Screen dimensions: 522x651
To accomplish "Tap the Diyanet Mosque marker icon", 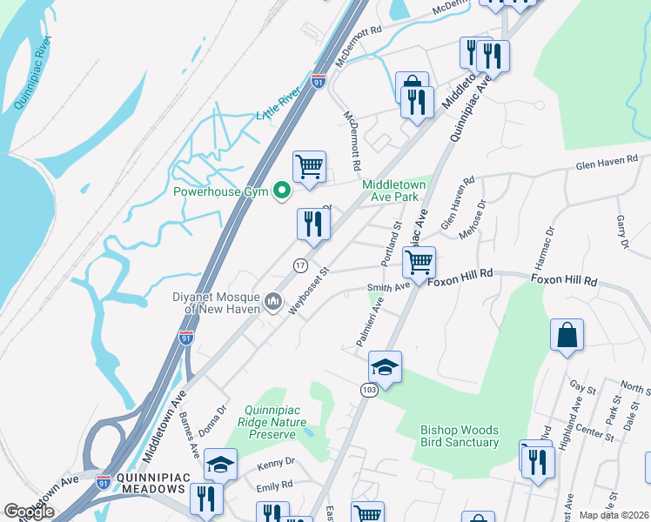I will [x=273, y=302].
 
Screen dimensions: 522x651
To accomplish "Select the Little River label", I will [x=279, y=104].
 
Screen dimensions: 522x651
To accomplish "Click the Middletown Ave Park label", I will [x=391, y=191].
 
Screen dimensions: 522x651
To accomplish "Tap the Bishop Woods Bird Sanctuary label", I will [x=460, y=436].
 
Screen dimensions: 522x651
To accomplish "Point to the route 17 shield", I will [x=299, y=264].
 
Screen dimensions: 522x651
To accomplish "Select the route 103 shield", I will [x=369, y=391].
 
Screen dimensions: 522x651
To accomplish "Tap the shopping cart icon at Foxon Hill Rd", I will [x=419, y=261].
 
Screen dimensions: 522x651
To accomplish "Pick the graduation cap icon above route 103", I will [x=385, y=366].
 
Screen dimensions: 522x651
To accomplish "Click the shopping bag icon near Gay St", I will [x=567, y=334].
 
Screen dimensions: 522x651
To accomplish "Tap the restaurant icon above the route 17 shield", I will [x=312, y=224].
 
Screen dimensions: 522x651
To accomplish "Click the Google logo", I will [x=30, y=512].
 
